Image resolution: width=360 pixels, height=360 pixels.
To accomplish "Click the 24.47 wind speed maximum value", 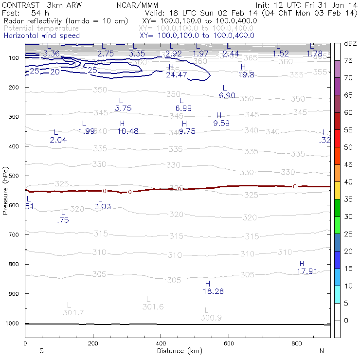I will click(176, 74).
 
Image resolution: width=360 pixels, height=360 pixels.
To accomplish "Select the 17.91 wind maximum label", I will click(307, 271).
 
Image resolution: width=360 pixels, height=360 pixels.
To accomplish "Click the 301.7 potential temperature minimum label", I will click(73, 312).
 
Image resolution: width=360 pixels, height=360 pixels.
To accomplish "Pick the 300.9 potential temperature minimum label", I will click(211, 318).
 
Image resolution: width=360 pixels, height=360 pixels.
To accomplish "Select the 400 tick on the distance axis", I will click(161, 343).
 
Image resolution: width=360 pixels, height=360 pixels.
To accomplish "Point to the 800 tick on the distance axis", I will click(297, 343).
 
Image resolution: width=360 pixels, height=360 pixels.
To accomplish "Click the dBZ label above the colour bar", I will click(349, 43).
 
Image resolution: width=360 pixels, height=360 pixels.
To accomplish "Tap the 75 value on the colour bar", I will click(348, 61).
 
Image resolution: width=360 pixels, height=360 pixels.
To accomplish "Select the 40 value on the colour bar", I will click(348, 182).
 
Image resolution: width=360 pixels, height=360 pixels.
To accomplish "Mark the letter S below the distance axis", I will click(41, 351).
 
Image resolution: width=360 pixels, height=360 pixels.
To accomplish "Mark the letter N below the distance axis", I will click(322, 351).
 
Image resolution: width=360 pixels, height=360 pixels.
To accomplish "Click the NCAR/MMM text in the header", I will click(138, 5).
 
